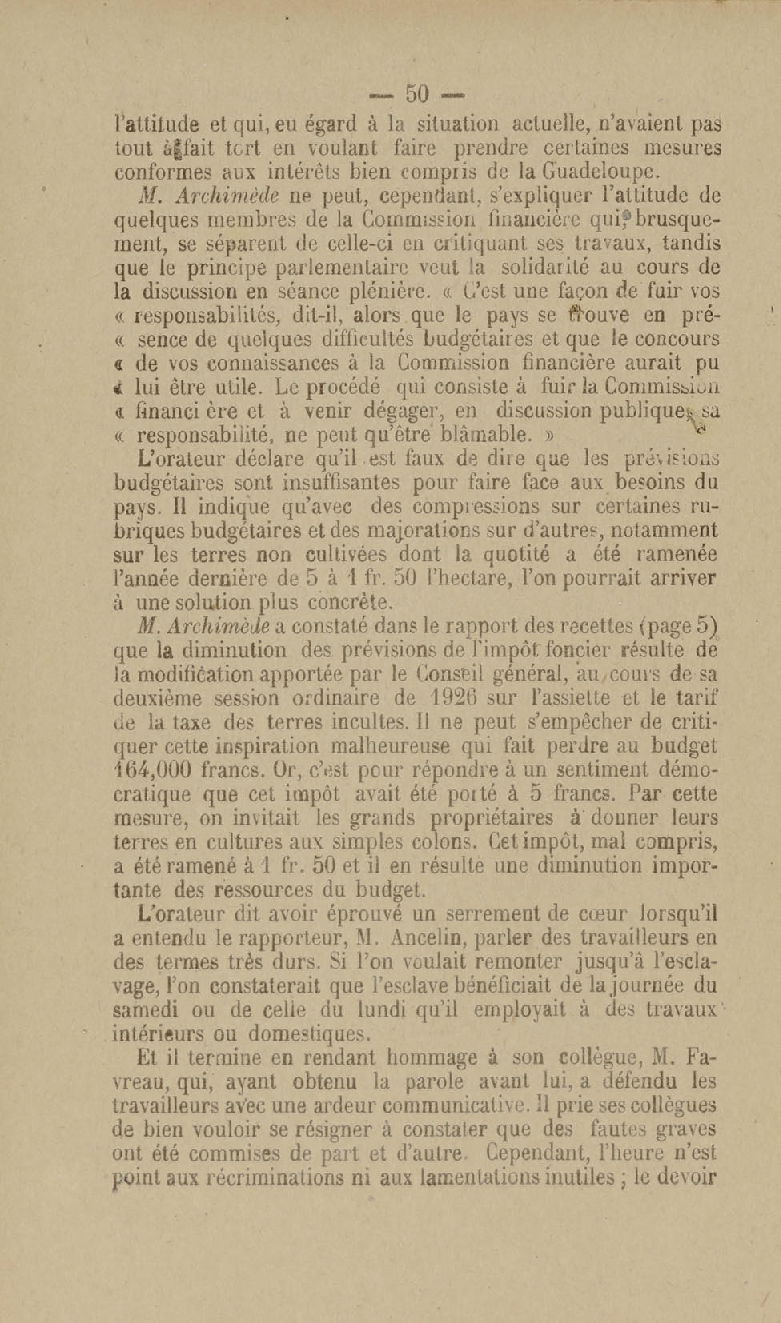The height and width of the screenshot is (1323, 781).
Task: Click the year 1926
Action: click(453, 699)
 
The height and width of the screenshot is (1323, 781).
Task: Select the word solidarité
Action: click(545, 268)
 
